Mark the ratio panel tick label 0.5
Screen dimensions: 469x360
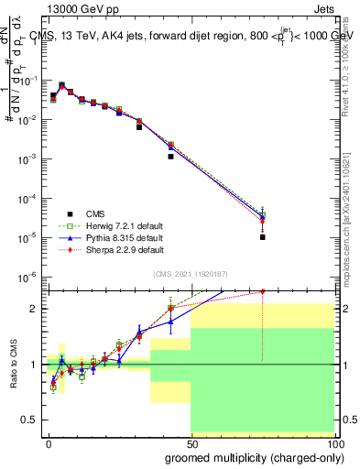coord(30,420)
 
